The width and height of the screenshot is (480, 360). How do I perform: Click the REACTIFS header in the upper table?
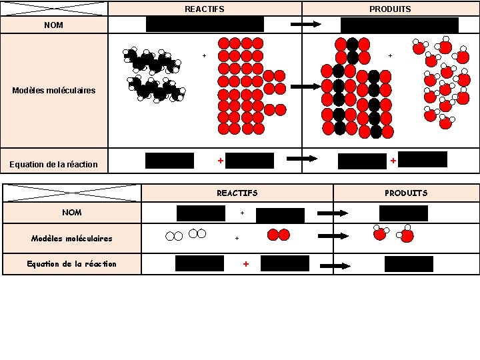point(204,9)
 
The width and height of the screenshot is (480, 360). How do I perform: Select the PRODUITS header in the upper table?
point(390,9)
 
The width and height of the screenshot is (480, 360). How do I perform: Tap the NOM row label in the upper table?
point(53,25)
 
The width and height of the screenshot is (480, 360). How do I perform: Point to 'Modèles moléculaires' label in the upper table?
point(54,90)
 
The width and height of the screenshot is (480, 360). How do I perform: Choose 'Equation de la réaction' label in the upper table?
point(53,164)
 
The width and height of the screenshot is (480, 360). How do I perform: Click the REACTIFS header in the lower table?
point(237,193)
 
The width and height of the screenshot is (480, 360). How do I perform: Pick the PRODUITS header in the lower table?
point(405,193)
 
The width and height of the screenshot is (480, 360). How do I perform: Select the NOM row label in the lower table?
point(71,213)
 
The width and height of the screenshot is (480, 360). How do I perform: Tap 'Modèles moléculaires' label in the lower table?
point(71,238)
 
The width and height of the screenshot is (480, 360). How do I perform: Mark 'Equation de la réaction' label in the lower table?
point(71,264)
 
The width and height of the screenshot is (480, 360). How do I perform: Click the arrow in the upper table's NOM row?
point(306,25)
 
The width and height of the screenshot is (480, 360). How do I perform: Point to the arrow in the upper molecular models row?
point(306,86)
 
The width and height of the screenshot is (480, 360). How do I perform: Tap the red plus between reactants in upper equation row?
point(220,161)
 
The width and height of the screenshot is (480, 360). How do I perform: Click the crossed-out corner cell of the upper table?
point(54,9)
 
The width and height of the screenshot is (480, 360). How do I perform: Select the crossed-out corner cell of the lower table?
point(72,193)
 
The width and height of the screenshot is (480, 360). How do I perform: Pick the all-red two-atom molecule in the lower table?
point(278,235)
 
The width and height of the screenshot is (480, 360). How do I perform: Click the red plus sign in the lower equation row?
point(245,264)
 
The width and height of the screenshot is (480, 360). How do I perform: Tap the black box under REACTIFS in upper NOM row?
point(205,25)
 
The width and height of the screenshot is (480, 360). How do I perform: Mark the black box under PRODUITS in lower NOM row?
point(403,213)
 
